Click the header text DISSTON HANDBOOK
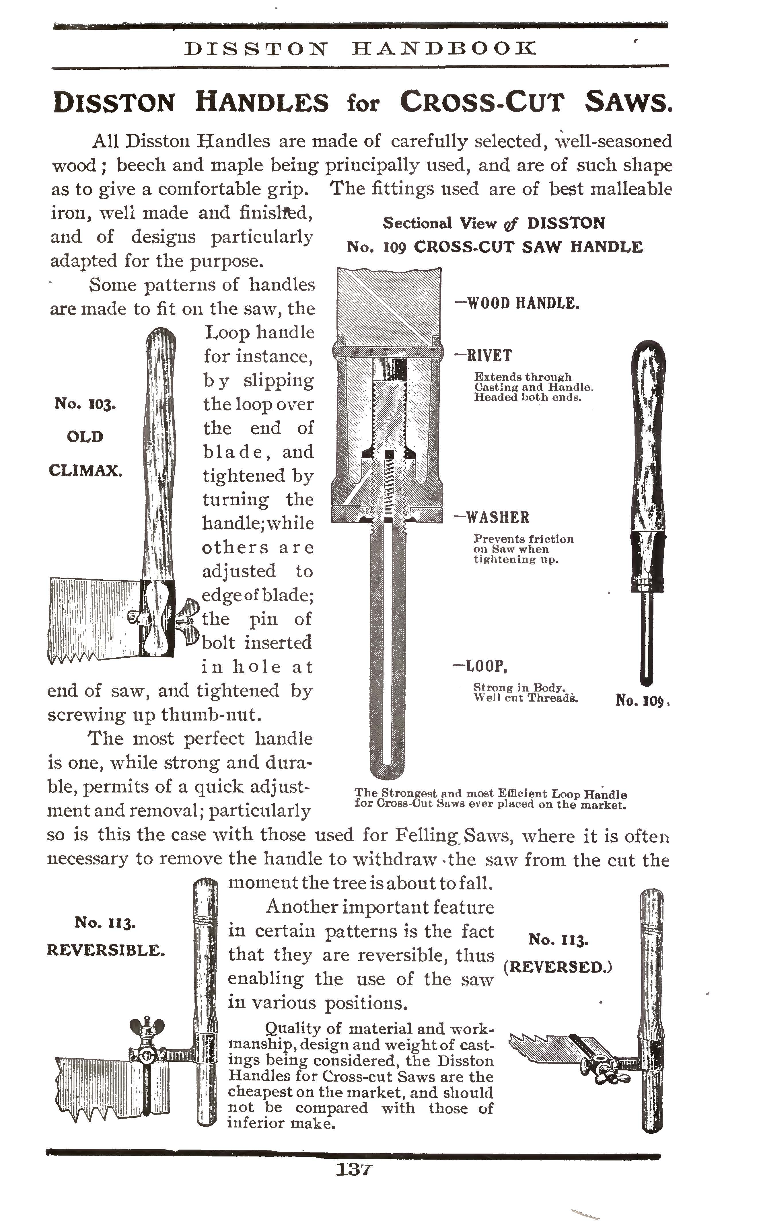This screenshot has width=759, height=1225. pyautogui.click(x=360, y=49)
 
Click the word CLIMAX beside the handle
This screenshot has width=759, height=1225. pyautogui.click(x=85, y=471)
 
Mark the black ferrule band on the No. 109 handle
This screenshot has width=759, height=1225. pyautogui.click(x=648, y=554)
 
